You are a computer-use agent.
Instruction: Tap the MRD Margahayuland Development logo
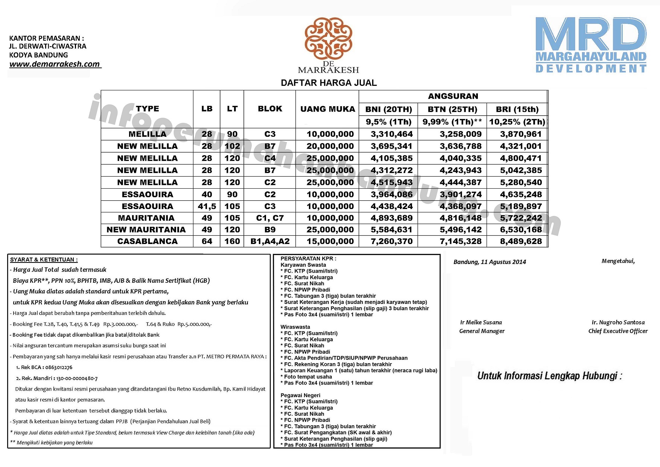591,44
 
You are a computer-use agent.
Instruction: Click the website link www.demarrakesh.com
55,64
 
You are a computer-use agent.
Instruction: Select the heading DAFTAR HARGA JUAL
328,83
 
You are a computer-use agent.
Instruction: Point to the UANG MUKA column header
327,109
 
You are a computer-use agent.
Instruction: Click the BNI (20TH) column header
388,109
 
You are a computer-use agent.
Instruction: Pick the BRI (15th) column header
517,109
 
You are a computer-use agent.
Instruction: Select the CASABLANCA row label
147,241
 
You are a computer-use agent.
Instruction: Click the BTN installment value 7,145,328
461,241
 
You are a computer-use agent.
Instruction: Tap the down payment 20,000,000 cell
330,146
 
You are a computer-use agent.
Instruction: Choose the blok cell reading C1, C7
270,218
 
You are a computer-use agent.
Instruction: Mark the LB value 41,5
207,206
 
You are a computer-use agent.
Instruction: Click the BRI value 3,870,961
521,134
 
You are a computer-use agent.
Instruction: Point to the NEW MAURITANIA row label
146,230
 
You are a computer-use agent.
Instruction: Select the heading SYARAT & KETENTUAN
44,259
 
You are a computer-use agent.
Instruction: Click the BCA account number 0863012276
59,367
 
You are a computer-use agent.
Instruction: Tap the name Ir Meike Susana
481,322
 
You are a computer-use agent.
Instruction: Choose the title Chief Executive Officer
618,331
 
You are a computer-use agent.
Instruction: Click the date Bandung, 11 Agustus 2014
490,262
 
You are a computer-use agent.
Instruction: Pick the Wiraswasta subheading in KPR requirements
295,327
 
